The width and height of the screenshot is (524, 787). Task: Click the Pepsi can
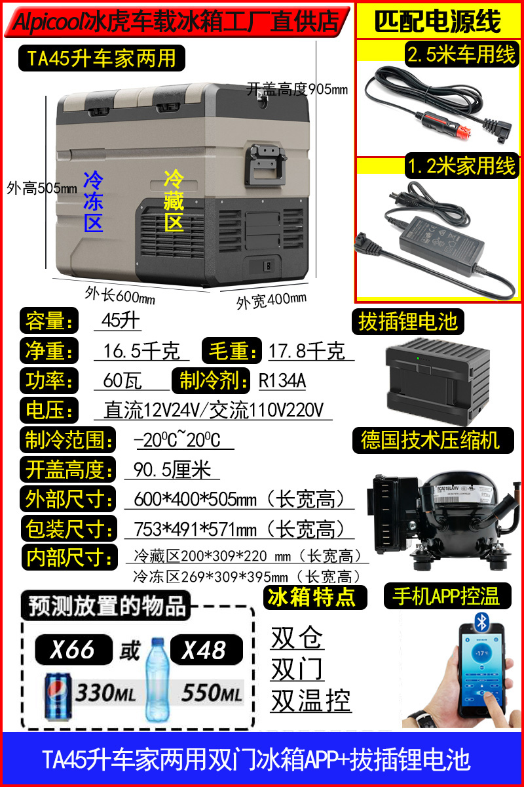[58, 696]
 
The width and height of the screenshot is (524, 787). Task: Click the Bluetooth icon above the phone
[481, 622]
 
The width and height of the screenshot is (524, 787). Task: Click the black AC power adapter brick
[442, 242]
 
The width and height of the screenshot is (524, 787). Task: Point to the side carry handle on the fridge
[265, 165]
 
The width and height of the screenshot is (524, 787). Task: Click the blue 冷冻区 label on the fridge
[94, 202]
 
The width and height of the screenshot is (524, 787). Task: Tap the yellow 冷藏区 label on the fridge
[174, 200]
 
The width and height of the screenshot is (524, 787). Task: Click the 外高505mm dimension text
[42, 188]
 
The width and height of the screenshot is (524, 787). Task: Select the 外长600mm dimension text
[120, 296]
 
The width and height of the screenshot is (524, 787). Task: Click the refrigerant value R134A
[282, 380]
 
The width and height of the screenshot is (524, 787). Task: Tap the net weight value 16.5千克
[141, 351]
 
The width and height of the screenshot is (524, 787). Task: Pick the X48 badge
[206, 650]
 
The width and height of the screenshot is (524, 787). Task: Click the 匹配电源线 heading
[438, 22]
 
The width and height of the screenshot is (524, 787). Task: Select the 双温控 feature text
[310, 700]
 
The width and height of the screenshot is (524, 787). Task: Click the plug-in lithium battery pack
[438, 380]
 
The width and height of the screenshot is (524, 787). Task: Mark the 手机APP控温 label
[447, 596]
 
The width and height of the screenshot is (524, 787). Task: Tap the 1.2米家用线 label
[462, 166]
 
